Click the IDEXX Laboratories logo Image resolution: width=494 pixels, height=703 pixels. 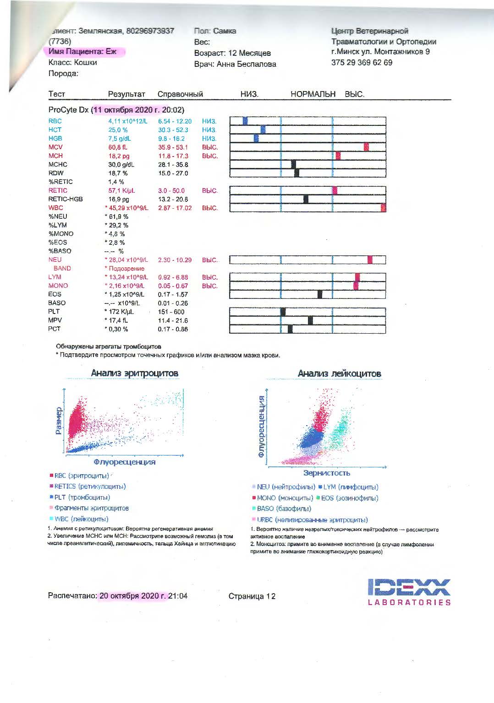(x=409, y=592)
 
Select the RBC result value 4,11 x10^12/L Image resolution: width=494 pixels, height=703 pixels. (x=128, y=121)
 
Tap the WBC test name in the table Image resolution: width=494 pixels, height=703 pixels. (x=55, y=208)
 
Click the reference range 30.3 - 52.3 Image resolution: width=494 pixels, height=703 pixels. (x=173, y=130)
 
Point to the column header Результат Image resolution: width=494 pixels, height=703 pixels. (x=126, y=94)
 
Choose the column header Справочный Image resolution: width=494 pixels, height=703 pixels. (x=180, y=94)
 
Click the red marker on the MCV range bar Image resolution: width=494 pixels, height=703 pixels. (x=366, y=147)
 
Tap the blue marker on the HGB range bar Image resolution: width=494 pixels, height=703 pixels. (x=256, y=138)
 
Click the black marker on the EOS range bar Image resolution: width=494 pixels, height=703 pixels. (x=320, y=294)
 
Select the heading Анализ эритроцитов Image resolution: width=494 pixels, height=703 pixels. (x=134, y=373)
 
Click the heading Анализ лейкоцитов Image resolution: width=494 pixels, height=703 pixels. (x=339, y=373)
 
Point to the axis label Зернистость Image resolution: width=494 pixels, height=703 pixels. (x=326, y=473)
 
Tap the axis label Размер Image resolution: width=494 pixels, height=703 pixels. (x=59, y=421)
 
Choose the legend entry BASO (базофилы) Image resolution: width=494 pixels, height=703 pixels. (x=284, y=508)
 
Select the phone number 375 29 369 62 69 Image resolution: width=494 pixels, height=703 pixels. (x=362, y=63)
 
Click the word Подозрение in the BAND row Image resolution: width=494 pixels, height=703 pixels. (x=126, y=269)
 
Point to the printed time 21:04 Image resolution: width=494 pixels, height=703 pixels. (x=178, y=596)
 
